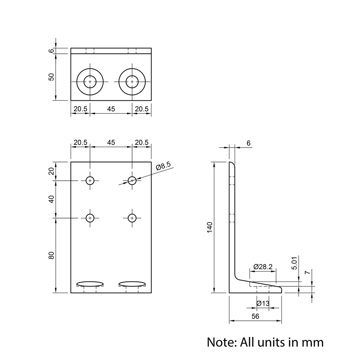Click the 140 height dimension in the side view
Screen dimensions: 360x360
point(210,228)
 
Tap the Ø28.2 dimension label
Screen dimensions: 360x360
point(263,267)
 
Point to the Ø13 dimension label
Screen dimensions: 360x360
point(263,303)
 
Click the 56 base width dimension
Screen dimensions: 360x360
point(255,316)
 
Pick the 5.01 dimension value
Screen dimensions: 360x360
point(294,263)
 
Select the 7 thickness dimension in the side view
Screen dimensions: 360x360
point(307,273)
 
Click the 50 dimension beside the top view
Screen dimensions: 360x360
point(51,77)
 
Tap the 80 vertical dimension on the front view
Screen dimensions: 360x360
point(51,255)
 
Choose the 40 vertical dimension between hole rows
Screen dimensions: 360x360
point(51,199)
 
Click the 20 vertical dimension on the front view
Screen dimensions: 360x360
point(51,171)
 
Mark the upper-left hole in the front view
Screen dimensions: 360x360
point(90,180)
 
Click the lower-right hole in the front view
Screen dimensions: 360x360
point(132,218)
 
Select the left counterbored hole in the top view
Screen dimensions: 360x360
point(90,82)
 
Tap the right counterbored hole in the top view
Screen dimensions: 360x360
point(132,82)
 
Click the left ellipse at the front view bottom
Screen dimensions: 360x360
point(90,284)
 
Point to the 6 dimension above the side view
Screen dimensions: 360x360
point(248,143)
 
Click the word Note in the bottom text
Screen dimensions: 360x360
point(220,342)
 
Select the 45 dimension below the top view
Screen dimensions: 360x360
point(111,109)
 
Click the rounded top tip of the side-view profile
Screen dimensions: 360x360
point(232,164)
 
